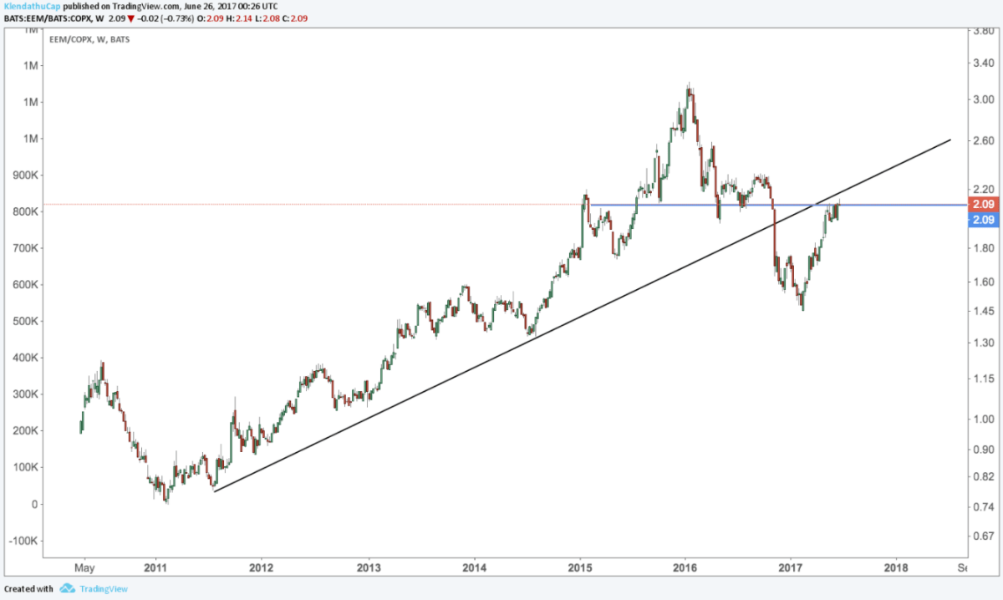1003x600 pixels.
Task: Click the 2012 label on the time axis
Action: [262, 568]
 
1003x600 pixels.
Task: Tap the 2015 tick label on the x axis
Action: [580, 568]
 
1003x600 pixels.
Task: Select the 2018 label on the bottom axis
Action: [896, 568]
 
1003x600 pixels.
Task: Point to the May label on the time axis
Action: [84, 568]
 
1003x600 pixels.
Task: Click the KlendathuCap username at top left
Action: [31, 5]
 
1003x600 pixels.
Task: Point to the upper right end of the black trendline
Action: [950, 140]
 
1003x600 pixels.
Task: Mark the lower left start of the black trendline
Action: [215, 491]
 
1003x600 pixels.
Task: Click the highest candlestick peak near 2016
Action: [689, 84]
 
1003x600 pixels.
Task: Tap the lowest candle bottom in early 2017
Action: [802, 311]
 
